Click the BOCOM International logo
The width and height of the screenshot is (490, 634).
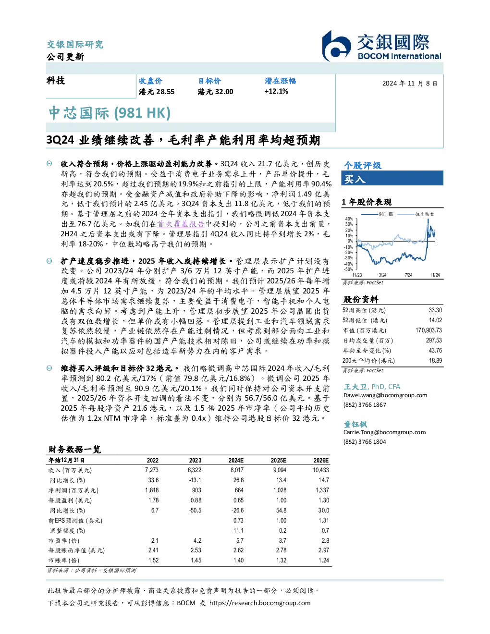(x=381, y=46)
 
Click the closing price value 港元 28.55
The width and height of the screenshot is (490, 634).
(x=157, y=92)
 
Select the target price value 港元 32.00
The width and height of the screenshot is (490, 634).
(x=215, y=92)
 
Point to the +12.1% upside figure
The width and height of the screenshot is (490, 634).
(x=276, y=91)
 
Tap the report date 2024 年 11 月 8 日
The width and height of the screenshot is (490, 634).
(x=410, y=84)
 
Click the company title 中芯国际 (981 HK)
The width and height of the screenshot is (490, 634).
(x=110, y=113)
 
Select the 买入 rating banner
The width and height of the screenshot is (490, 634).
(x=392, y=178)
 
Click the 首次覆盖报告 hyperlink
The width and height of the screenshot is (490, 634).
(x=181, y=224)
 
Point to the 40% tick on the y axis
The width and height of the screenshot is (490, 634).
(x=349, y=219)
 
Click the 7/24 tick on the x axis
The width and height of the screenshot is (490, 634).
(x=409, y=275)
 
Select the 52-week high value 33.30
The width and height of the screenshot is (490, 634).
(x=435, y=310)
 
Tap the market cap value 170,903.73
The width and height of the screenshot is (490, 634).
(x=429, y=330)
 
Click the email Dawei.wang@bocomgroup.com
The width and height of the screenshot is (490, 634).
(x=385, y=395)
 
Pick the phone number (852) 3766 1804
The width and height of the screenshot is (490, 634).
(x=365, y=442)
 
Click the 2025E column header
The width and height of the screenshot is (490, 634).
(x=279, y=461)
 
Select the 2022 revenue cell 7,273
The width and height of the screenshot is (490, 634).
(x=152, y=470)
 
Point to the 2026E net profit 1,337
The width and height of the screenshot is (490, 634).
(x=322, y=490)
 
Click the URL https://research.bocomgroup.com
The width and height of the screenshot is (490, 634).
(x=260, y=603)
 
